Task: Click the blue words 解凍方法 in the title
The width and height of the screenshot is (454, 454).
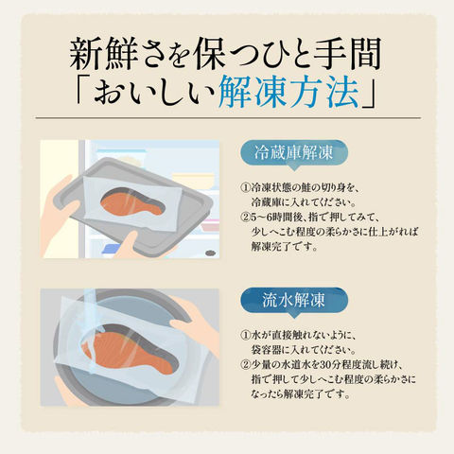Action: tap(288, 91)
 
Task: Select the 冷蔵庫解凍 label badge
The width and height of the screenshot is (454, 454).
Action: tap(293, 153)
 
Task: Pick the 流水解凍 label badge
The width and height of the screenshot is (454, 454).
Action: tap(293, 301)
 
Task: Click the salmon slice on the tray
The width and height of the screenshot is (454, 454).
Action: tap(133, 202)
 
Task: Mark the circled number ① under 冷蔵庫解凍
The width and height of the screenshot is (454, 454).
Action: tap(245, 188)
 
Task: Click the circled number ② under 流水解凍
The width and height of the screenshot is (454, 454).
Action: tap(245, 365)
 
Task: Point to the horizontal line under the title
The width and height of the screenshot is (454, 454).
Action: tap(228, 118)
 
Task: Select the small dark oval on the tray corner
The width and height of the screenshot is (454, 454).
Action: tap(211, 253)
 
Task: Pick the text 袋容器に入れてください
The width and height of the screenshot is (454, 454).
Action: tap(304, 350)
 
